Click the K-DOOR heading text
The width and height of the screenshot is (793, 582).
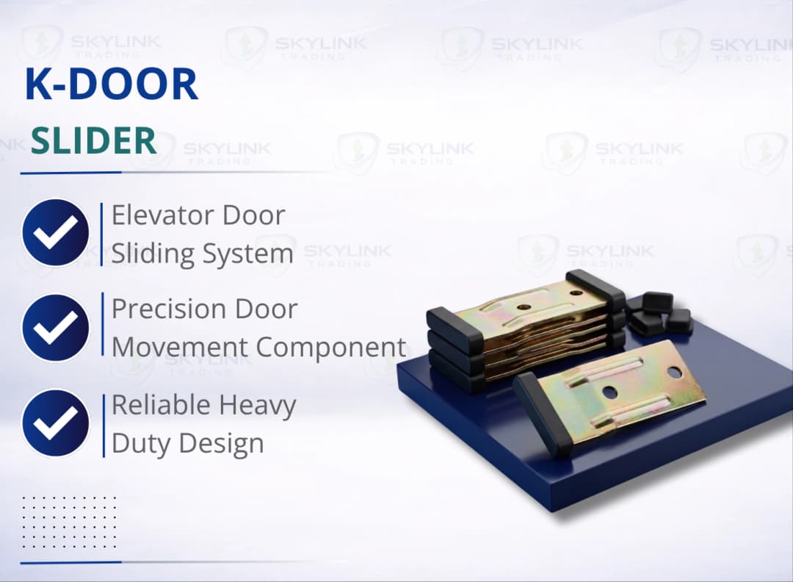point(112,85)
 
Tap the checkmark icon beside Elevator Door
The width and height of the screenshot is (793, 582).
point(55,233)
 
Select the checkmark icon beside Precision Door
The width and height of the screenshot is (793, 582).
point(55,327)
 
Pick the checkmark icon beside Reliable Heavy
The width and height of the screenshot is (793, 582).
point(55,423)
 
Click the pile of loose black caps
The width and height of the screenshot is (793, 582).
point(661,312)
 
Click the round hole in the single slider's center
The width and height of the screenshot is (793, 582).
point(610,393)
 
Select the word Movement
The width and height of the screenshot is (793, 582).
point(189,347)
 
